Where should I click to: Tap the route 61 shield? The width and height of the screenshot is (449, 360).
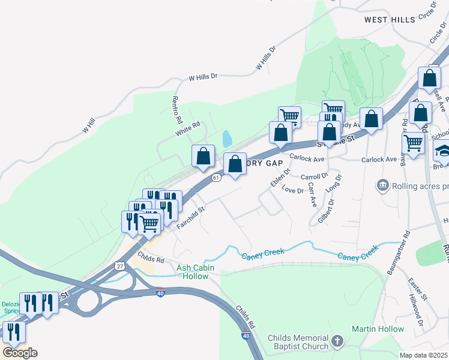click(216, 178)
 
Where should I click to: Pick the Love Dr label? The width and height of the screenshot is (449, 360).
click(292, 191)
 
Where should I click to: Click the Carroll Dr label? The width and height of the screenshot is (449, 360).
click(315, 177)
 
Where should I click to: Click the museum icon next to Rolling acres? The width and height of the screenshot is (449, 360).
click(382, 186)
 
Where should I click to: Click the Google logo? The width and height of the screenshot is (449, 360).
click(20, 352)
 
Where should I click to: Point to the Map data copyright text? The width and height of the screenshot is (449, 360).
click(424, 355)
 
